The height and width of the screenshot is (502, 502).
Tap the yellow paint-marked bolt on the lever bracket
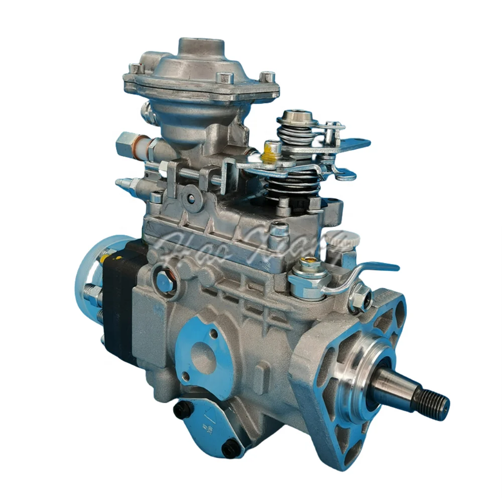pyautogui.click(x=273, y=149)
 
